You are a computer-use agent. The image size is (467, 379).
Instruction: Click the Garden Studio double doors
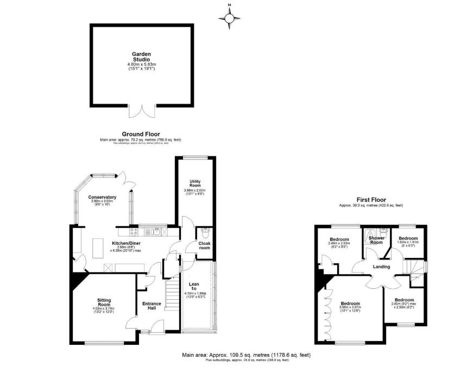click(142, 111)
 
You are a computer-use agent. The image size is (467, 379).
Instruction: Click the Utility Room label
click(195, 184)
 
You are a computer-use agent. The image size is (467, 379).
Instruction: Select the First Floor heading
click(371, 199)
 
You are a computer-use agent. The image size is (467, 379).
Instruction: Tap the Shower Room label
click(376, 240)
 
